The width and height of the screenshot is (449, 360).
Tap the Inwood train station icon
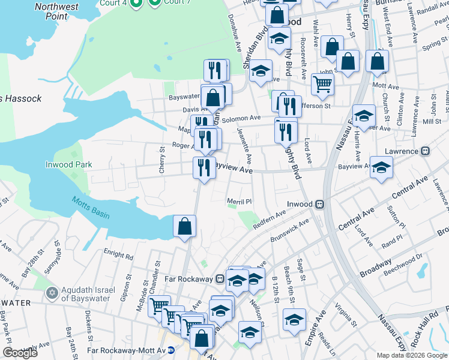tap(321, 204)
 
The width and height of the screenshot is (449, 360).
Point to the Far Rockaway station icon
tap(221, 279)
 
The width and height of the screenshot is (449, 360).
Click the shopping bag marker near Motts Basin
tap(185, 226)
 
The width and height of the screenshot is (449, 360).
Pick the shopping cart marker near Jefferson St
tap(322, 85)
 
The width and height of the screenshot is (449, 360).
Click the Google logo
tap(20, 353)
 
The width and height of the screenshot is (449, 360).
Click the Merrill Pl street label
tap(238, 202)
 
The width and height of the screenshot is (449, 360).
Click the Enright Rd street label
tap(118, 251)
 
